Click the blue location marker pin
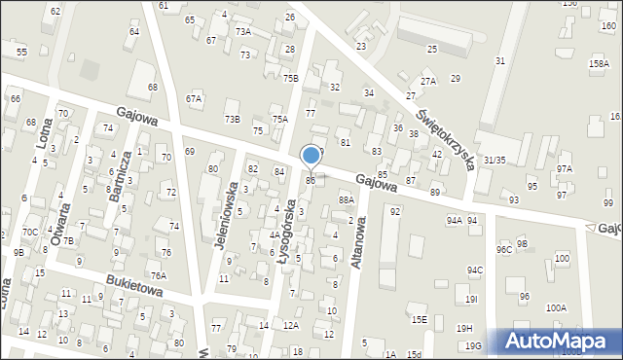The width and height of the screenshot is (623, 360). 311,156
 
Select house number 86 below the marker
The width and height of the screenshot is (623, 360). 311,180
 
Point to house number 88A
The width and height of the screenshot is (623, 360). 346,199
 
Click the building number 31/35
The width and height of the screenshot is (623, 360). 495,160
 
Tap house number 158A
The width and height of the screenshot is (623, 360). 599,64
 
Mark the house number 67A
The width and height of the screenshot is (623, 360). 194,98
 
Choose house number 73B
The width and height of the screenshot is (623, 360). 232,119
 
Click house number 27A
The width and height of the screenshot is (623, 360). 428,81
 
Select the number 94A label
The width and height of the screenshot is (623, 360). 454,221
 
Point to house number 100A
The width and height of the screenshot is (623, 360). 555,307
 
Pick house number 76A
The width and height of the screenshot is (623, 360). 159,276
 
